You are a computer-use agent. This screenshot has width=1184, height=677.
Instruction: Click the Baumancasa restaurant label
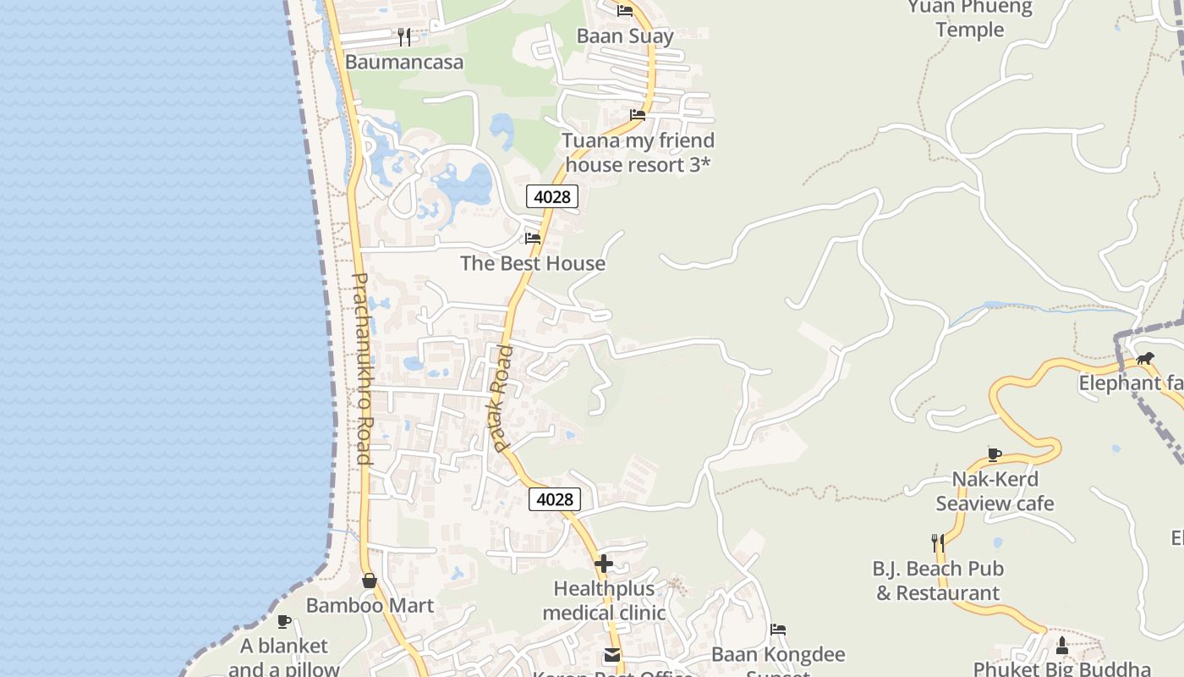coord(404,62)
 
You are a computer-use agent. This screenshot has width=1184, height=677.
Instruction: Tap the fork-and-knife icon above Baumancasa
coord(404,36)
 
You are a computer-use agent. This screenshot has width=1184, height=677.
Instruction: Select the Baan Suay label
coord(625,36)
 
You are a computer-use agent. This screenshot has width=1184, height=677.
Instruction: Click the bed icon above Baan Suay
coord(625,10)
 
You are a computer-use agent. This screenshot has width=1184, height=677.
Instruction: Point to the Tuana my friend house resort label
coord(639,152)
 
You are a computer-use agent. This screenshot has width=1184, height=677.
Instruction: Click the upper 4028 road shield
coord(552,196)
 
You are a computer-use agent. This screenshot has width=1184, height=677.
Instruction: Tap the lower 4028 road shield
coord(555,499)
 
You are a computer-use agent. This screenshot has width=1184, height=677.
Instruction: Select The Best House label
coord(533,263)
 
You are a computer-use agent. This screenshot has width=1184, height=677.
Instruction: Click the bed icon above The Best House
coord(533,239)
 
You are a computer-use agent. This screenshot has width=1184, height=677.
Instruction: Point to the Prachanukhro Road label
coord(361,368)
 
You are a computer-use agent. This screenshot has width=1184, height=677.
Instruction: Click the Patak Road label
coord(502,398)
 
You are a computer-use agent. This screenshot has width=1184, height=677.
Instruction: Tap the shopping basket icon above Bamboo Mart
coord(370,581)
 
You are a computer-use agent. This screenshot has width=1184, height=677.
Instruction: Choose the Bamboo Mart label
coord(370,605)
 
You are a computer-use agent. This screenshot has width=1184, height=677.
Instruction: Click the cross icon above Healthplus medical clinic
coord(604,563)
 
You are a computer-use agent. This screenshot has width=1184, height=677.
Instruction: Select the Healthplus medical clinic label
coord(604,600)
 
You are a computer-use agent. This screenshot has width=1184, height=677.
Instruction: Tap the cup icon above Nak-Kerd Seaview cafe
coord(995,454)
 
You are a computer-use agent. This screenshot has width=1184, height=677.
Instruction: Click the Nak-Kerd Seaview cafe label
coord(995,492)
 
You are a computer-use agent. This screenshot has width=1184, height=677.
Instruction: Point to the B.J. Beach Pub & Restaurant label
coord(938,581)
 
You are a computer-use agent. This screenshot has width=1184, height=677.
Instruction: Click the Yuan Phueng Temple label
coord(970,19)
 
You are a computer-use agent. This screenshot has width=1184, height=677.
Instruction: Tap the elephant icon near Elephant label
coord(1145,358)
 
